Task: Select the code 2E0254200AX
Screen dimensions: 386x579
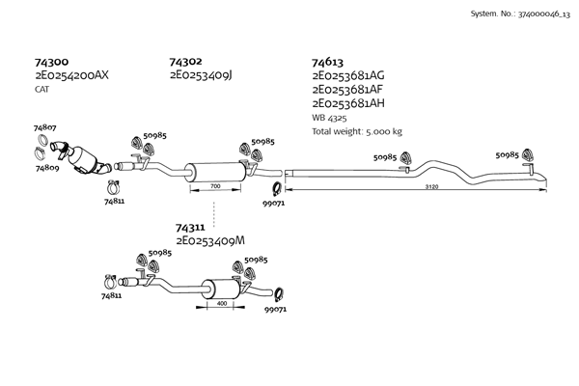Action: (72, 74)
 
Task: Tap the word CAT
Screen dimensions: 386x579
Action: (41, 88)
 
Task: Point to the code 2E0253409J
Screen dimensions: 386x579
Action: (206, 74)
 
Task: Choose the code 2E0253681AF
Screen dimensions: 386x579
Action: (348, 89)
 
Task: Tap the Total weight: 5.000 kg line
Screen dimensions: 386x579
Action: (357, 130)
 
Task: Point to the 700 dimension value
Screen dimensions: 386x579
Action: (215, 184)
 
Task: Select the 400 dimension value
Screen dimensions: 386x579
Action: (221, 303)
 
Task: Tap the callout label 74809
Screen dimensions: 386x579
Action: (48, 168)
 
